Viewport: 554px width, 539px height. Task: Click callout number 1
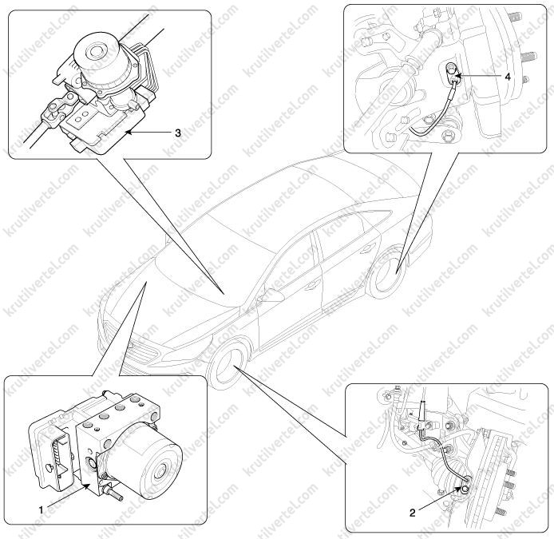tap(41, 510)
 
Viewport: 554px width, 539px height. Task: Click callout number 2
tap(413, 513)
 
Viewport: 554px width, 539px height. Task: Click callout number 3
tap(178, 133)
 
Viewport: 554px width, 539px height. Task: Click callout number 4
tap(508, 77)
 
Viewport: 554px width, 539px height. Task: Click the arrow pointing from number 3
tap(149, 133)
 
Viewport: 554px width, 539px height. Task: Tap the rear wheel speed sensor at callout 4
tap(452, 73)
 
